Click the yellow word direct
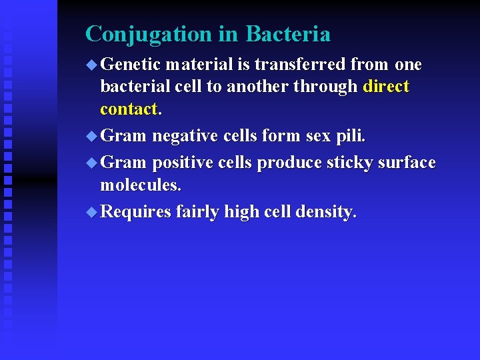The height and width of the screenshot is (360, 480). (x=386, y=87)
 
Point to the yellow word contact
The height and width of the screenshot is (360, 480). (x=129, y=109)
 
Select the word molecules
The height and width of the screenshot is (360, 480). (x=140, y=185)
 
